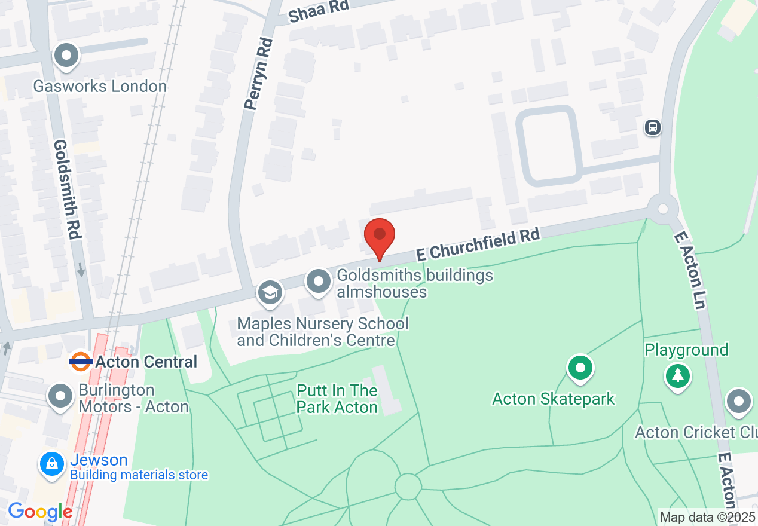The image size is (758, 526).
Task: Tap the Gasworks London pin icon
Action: pyautogui.click(x=66, y=57)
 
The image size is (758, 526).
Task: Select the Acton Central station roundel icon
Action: pyautogui.click(x=80, y=361)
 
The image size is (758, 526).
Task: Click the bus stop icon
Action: pyautogui.click(x=652, y=127)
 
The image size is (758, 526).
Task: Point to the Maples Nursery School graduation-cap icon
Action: pyautogui.click(x=270, y=293)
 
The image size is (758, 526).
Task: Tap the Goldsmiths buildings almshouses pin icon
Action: pyautogui.click(x=318, y=281)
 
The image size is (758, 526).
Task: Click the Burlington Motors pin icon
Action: pyautogui.click(x=60, y=397)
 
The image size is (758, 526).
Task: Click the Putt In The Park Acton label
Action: pyautogui.click(x=337, y=399)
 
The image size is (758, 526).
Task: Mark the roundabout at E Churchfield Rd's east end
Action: pyautogui.click(x=662, y=209)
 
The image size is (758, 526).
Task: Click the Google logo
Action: pyautogui.click(x=39, y=512)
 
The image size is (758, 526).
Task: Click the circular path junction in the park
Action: pyautogui.click(x=408, y=487)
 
